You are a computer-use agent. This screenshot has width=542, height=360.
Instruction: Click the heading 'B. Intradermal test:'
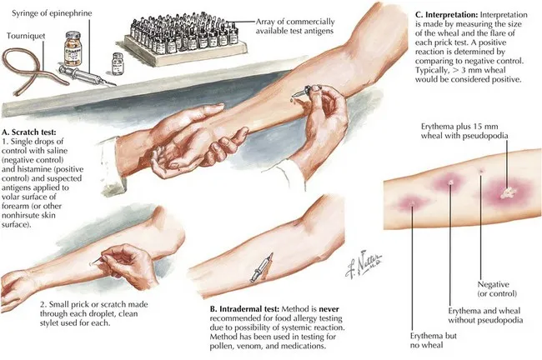point(248,307)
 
